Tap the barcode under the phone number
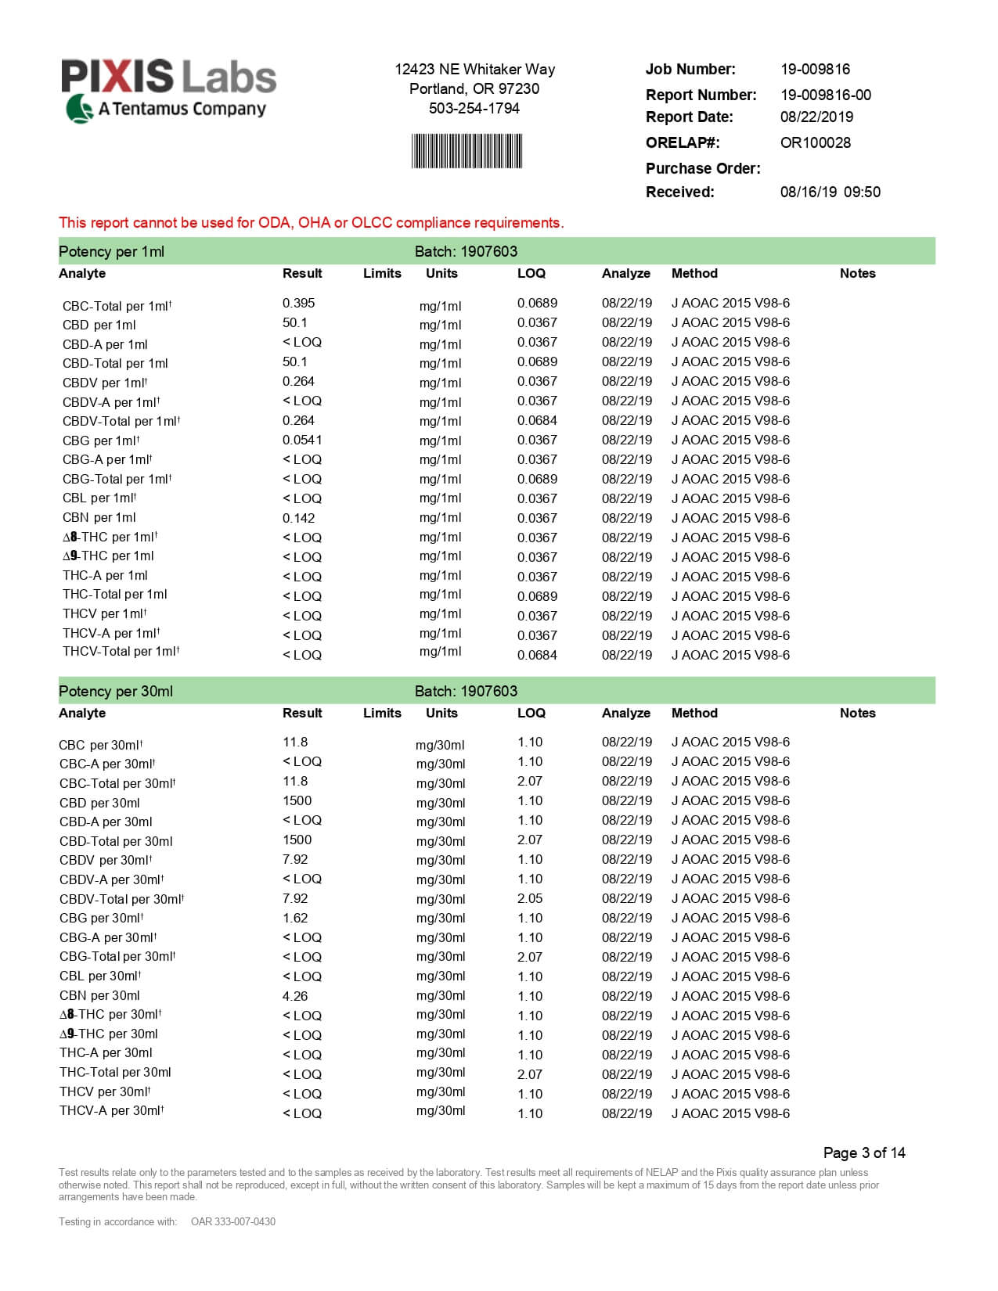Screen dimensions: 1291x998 [467, 151]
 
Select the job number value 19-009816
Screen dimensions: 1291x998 [815, 69]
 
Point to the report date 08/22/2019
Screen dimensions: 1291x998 [816, 117]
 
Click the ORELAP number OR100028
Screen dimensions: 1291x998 [815, 142]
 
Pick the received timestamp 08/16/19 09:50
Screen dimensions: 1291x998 [830, 192]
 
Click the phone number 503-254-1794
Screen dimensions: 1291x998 [474, 108]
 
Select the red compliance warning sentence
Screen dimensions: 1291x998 [311, 223]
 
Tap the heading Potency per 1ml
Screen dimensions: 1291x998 [111, 251]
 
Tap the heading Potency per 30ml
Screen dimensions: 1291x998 [116, 691]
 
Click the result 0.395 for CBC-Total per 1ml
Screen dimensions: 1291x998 [298, 303]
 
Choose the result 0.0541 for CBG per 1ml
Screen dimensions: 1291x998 [302, 440]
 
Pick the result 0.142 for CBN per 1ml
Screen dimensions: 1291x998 [298, 518]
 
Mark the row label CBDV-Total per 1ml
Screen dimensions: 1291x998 [121, 421]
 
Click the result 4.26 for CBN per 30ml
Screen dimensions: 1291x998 [295, 996]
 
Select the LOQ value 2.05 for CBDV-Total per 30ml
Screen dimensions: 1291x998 [530, 898]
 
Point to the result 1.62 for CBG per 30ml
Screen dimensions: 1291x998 [295, 918]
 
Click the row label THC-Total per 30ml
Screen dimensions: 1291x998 [115, 1072]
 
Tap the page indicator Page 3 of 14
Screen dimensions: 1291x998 [864, 1153]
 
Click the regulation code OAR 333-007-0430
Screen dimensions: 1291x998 [232, 1221]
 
